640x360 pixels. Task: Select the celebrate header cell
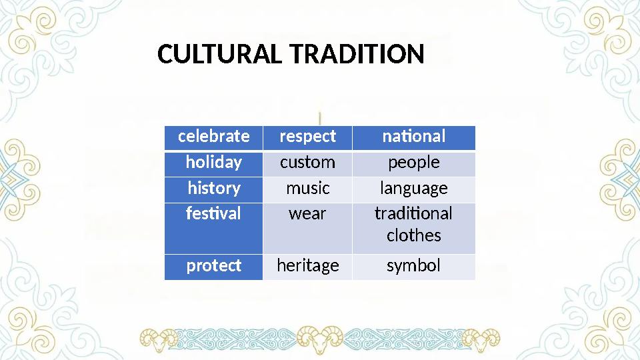point(213,137)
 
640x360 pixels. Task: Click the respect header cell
point(307,137)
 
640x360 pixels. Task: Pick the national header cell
point(413,137)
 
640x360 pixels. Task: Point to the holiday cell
point(213,163)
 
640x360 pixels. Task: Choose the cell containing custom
point(307,163)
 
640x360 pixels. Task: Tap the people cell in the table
point(413,163)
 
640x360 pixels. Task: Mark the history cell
point(213,189)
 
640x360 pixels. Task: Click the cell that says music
point(307,189)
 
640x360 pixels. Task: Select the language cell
point(413,189)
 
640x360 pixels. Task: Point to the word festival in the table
point(213,214)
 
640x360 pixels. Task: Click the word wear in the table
point(307,214)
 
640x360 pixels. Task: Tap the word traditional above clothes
point(413,214)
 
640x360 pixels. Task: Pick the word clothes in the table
point(413,235)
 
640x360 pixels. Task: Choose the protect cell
point(213,266)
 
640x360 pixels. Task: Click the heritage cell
point(307,266)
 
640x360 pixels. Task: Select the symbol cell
point(413,266)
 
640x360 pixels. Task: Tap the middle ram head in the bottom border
point(319,339)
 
